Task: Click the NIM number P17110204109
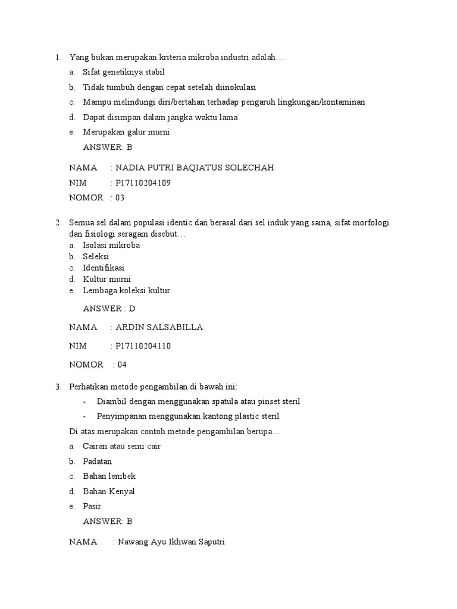[x=143, y=183]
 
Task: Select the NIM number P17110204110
[x=143, y=346]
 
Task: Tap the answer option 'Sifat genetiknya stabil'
[x=124, y=72]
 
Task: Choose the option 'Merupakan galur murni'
[x=126, y=132]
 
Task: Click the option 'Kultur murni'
[x=107, y=279]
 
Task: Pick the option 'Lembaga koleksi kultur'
[x=127, y=291]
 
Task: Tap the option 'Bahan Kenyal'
[x=109, y=491]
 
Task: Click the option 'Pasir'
[x=92, y=506]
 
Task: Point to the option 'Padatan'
[x=98, y=461]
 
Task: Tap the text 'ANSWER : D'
[x=109, y=309]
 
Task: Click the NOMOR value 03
[x=120, y=197]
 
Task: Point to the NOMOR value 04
[x=122, y=365]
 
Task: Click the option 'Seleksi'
[x=96, y=256]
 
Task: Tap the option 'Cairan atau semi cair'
[x=122, y=446]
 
